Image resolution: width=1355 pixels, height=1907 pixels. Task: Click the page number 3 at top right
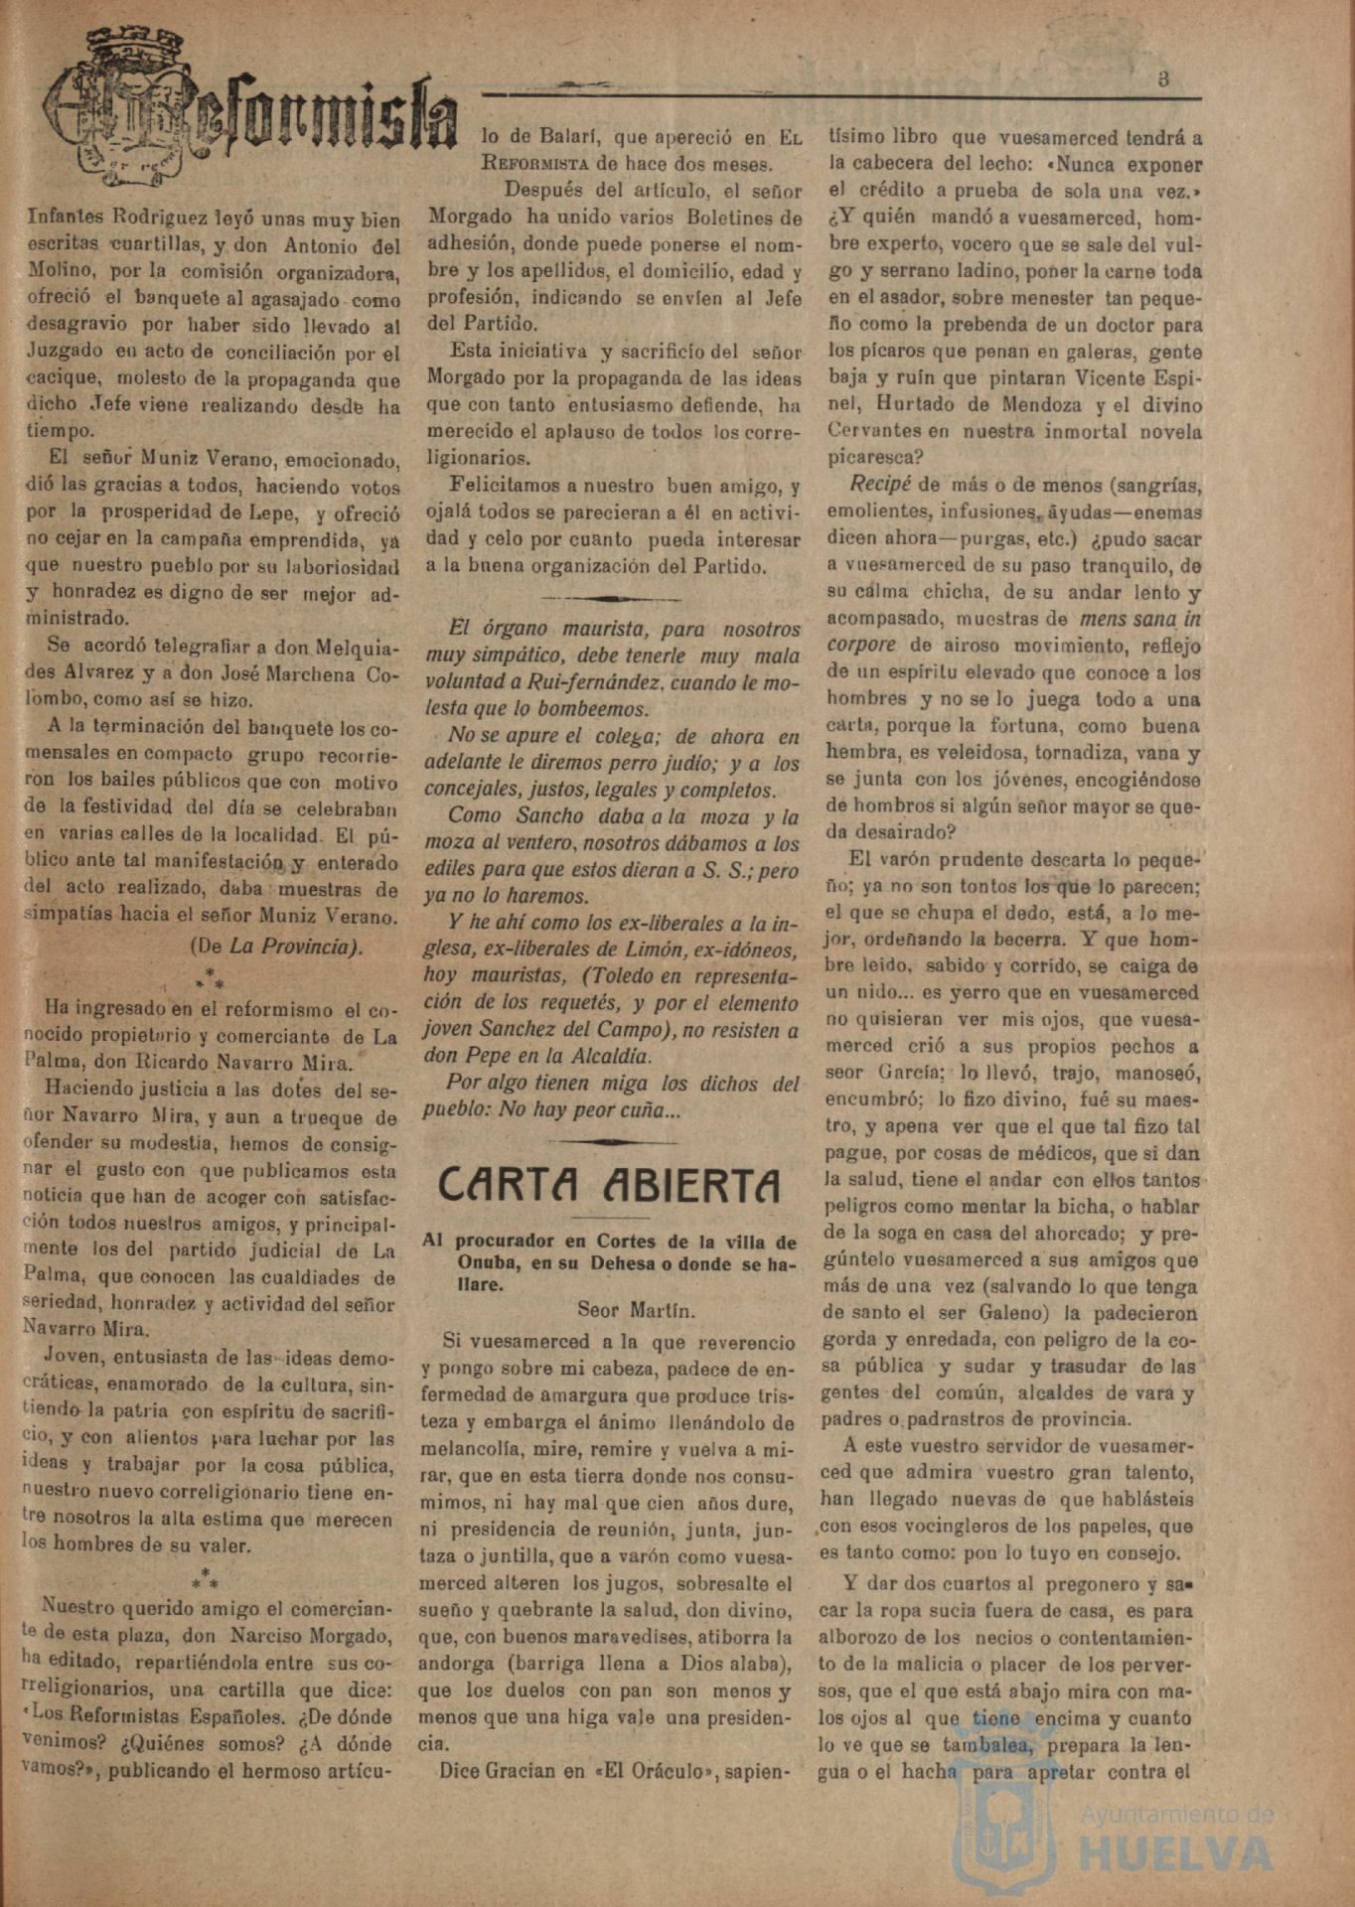click(1162, 80)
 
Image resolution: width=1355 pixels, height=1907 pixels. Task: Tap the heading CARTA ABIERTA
click(609, 1185)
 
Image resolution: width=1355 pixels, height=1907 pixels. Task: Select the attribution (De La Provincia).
click(276, 946)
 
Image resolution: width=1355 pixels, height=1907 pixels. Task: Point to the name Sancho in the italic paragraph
click(529, 816)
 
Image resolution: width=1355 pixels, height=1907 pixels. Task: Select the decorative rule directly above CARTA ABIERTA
click(609, 1142)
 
